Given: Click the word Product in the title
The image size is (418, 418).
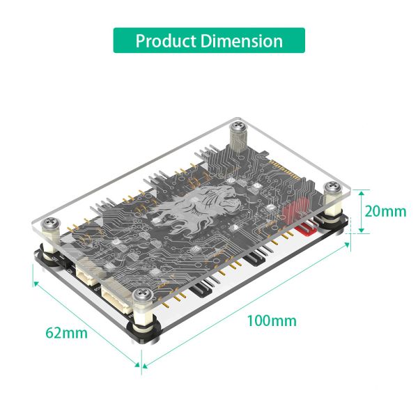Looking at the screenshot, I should [165, 40].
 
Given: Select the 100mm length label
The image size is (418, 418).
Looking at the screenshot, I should [271, 320].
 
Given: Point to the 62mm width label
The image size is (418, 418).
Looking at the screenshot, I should [67, 332].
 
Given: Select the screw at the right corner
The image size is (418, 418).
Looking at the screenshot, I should [334, 188].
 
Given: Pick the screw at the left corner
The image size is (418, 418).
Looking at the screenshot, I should [51, 224].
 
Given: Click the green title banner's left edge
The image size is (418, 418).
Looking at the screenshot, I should [116, 40].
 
